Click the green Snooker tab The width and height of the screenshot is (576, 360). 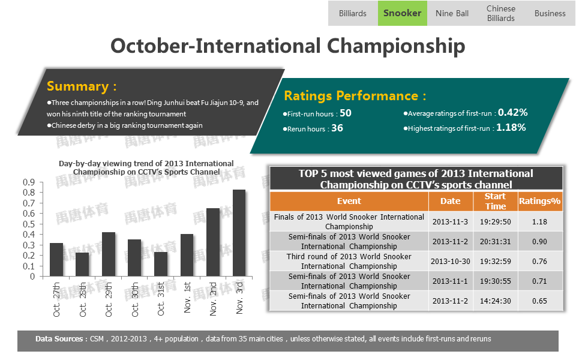(402, 13)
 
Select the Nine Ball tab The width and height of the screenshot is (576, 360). (452, 13)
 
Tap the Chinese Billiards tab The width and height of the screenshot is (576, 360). (500, 13)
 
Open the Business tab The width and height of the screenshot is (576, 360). (550, 13)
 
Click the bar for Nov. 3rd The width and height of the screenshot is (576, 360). (239, 233)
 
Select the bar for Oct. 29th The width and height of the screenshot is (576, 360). (109, 254)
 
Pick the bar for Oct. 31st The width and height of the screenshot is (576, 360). (161, 264)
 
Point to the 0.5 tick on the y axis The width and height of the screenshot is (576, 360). (29, 224)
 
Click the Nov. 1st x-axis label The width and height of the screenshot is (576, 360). (187, 298)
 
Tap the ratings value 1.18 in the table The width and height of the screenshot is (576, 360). (539, 221)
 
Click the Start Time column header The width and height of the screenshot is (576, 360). (495, 202)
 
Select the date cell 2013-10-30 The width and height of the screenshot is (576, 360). (451, 261)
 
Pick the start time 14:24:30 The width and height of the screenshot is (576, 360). (495, 301)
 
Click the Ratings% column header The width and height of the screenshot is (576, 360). (539, 201)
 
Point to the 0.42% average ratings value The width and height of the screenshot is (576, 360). (513, 112)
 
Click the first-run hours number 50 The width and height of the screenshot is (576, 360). (346, 113)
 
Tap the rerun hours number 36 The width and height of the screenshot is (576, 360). (337, 128)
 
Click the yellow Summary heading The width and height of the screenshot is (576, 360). (82, 86)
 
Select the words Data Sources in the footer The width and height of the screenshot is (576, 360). (59, 338)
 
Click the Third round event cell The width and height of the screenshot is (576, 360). (349, 261)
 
